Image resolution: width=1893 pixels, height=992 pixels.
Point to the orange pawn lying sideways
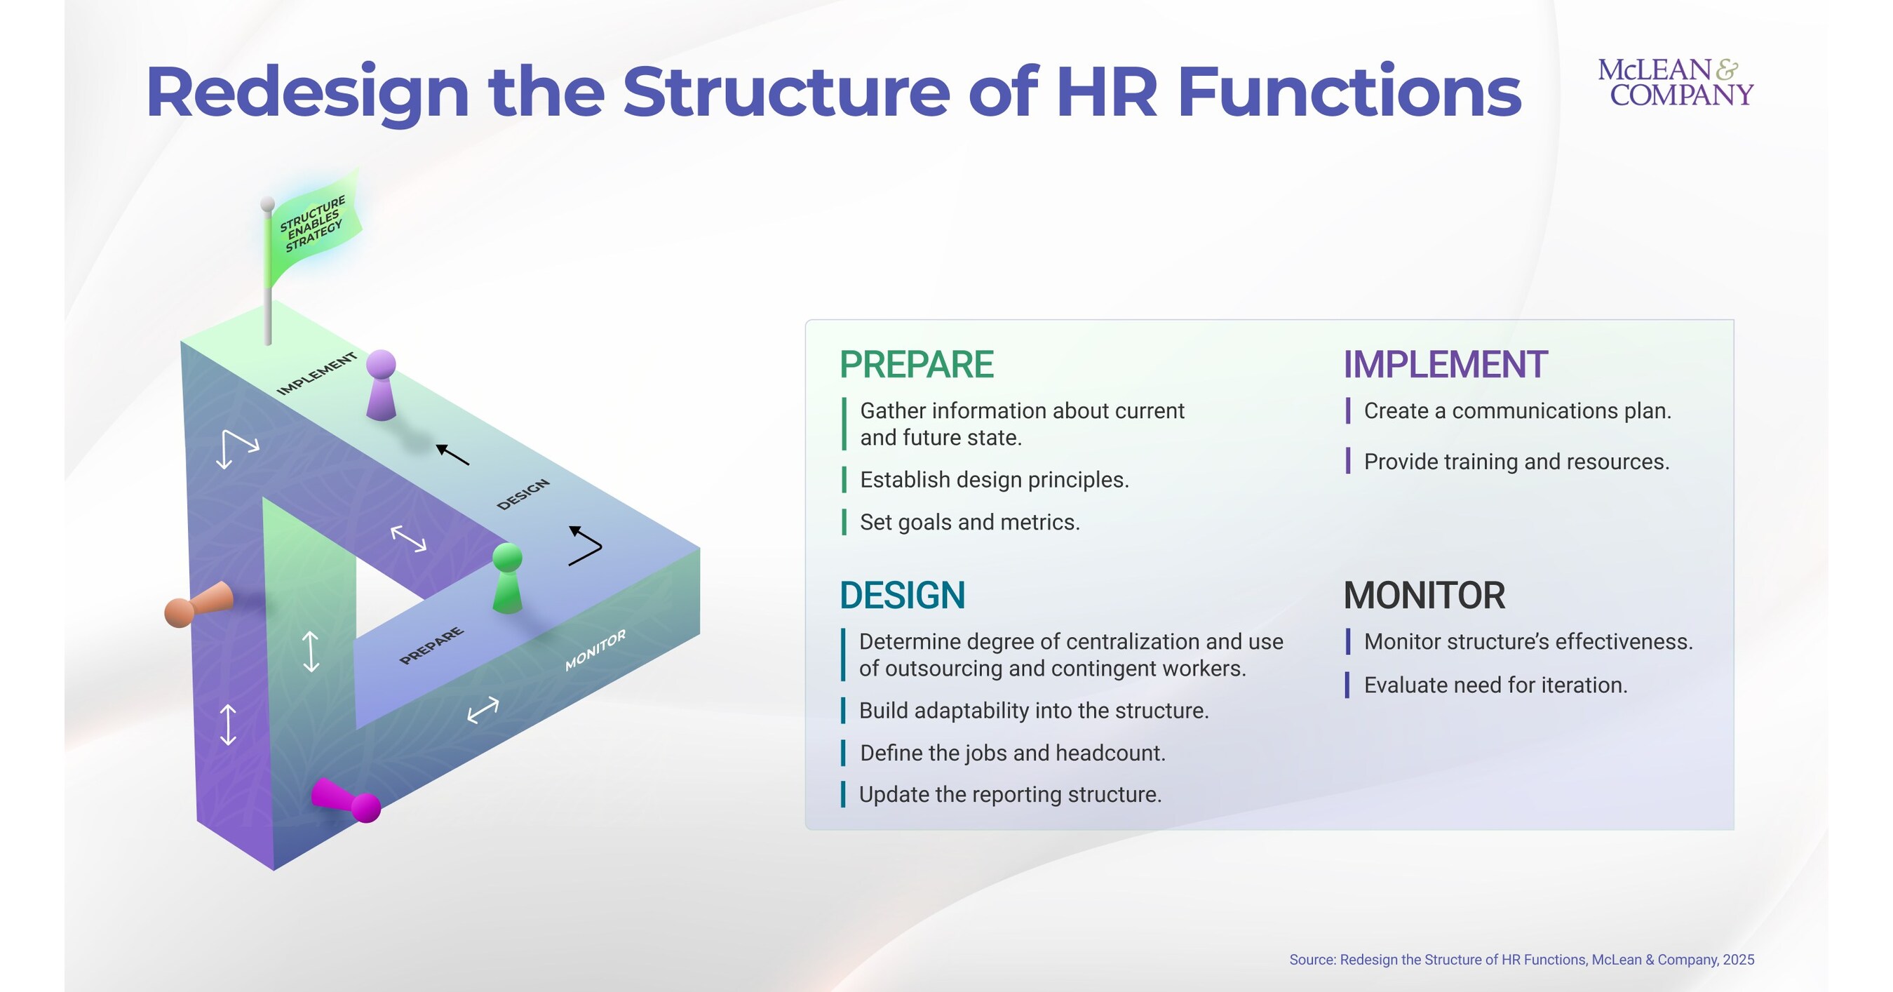[x=198, y=604]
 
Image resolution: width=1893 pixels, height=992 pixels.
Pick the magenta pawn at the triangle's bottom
[x=345, y=801]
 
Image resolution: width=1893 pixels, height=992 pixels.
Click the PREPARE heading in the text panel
[x=917, y=365]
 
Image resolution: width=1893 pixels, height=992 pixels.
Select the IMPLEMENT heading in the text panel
[x=1445, y=365]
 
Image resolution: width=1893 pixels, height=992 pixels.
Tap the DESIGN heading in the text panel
[x=902, y=595]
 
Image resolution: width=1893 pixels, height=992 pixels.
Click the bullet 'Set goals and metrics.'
[x=969, y=523]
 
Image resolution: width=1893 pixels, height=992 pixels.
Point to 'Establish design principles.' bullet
[x=994, y=480]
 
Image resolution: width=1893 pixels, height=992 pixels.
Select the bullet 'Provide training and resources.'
[x=1516, y=462]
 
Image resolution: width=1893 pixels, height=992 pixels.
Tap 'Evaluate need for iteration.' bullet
[x=1495, y=685]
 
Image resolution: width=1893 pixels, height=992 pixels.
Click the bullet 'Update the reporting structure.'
[x=1010, y=794]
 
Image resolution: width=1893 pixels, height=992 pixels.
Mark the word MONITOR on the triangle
[x=595, y=650]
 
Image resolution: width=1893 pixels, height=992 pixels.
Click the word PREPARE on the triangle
[x=431, y=646]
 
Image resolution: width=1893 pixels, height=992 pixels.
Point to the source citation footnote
[x=1521, y=960]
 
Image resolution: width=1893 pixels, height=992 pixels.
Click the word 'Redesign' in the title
[x=307, y=93]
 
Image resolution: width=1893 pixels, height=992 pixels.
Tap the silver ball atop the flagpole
[x=267, y=203]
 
